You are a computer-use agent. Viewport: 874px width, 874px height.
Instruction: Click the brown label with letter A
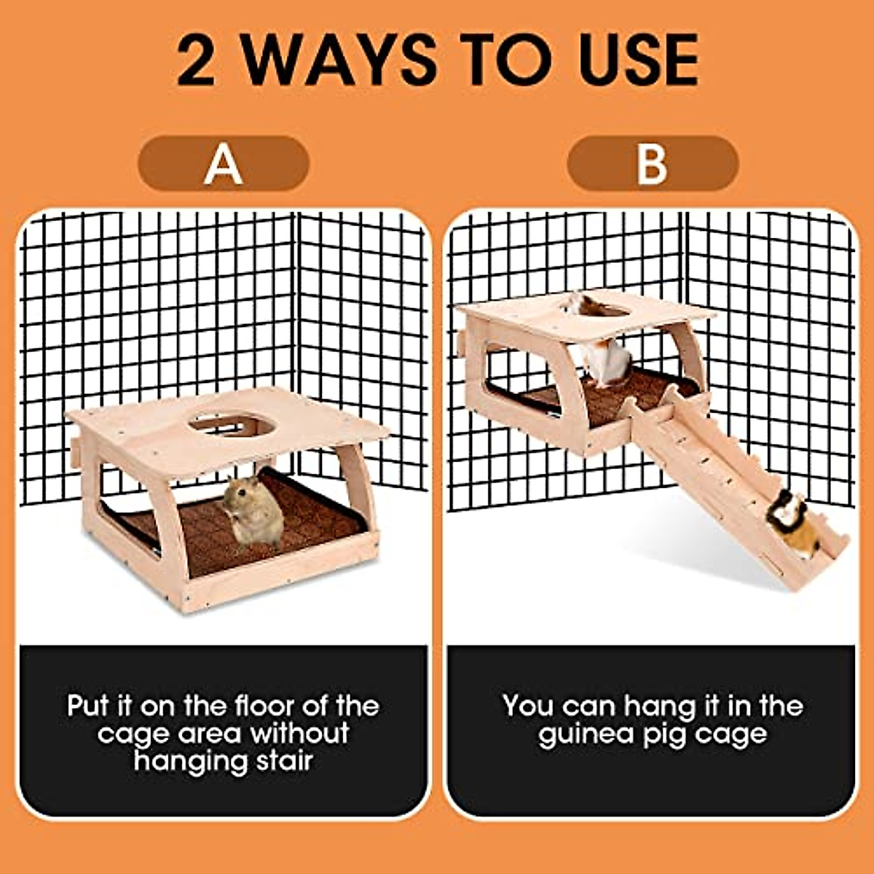click(x=224, y=163)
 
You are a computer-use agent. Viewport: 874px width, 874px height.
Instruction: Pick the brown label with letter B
click(x=653, y=163)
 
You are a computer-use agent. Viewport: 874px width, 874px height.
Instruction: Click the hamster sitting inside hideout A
click(x=252, y=511)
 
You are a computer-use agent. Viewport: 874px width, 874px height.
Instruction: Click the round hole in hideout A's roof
click(x=232, y=423)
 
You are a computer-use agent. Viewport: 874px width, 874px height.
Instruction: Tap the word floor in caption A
click(x=267, y=706)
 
